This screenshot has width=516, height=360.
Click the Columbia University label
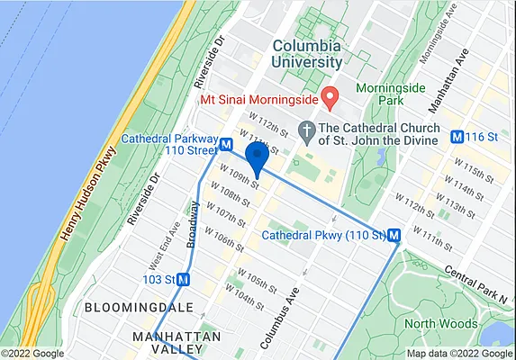tap(306, 53)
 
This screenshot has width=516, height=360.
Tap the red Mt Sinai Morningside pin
tap(330, 95)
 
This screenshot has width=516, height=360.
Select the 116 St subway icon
tap(457, 138)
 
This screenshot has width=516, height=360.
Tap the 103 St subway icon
tap(184, 280)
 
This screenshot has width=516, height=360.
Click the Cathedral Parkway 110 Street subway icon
tap(226, 145)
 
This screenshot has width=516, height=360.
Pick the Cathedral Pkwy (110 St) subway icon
tap(394, 235)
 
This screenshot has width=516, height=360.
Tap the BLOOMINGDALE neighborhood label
tap(126, 308)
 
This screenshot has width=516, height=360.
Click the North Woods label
tap(440, 324)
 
